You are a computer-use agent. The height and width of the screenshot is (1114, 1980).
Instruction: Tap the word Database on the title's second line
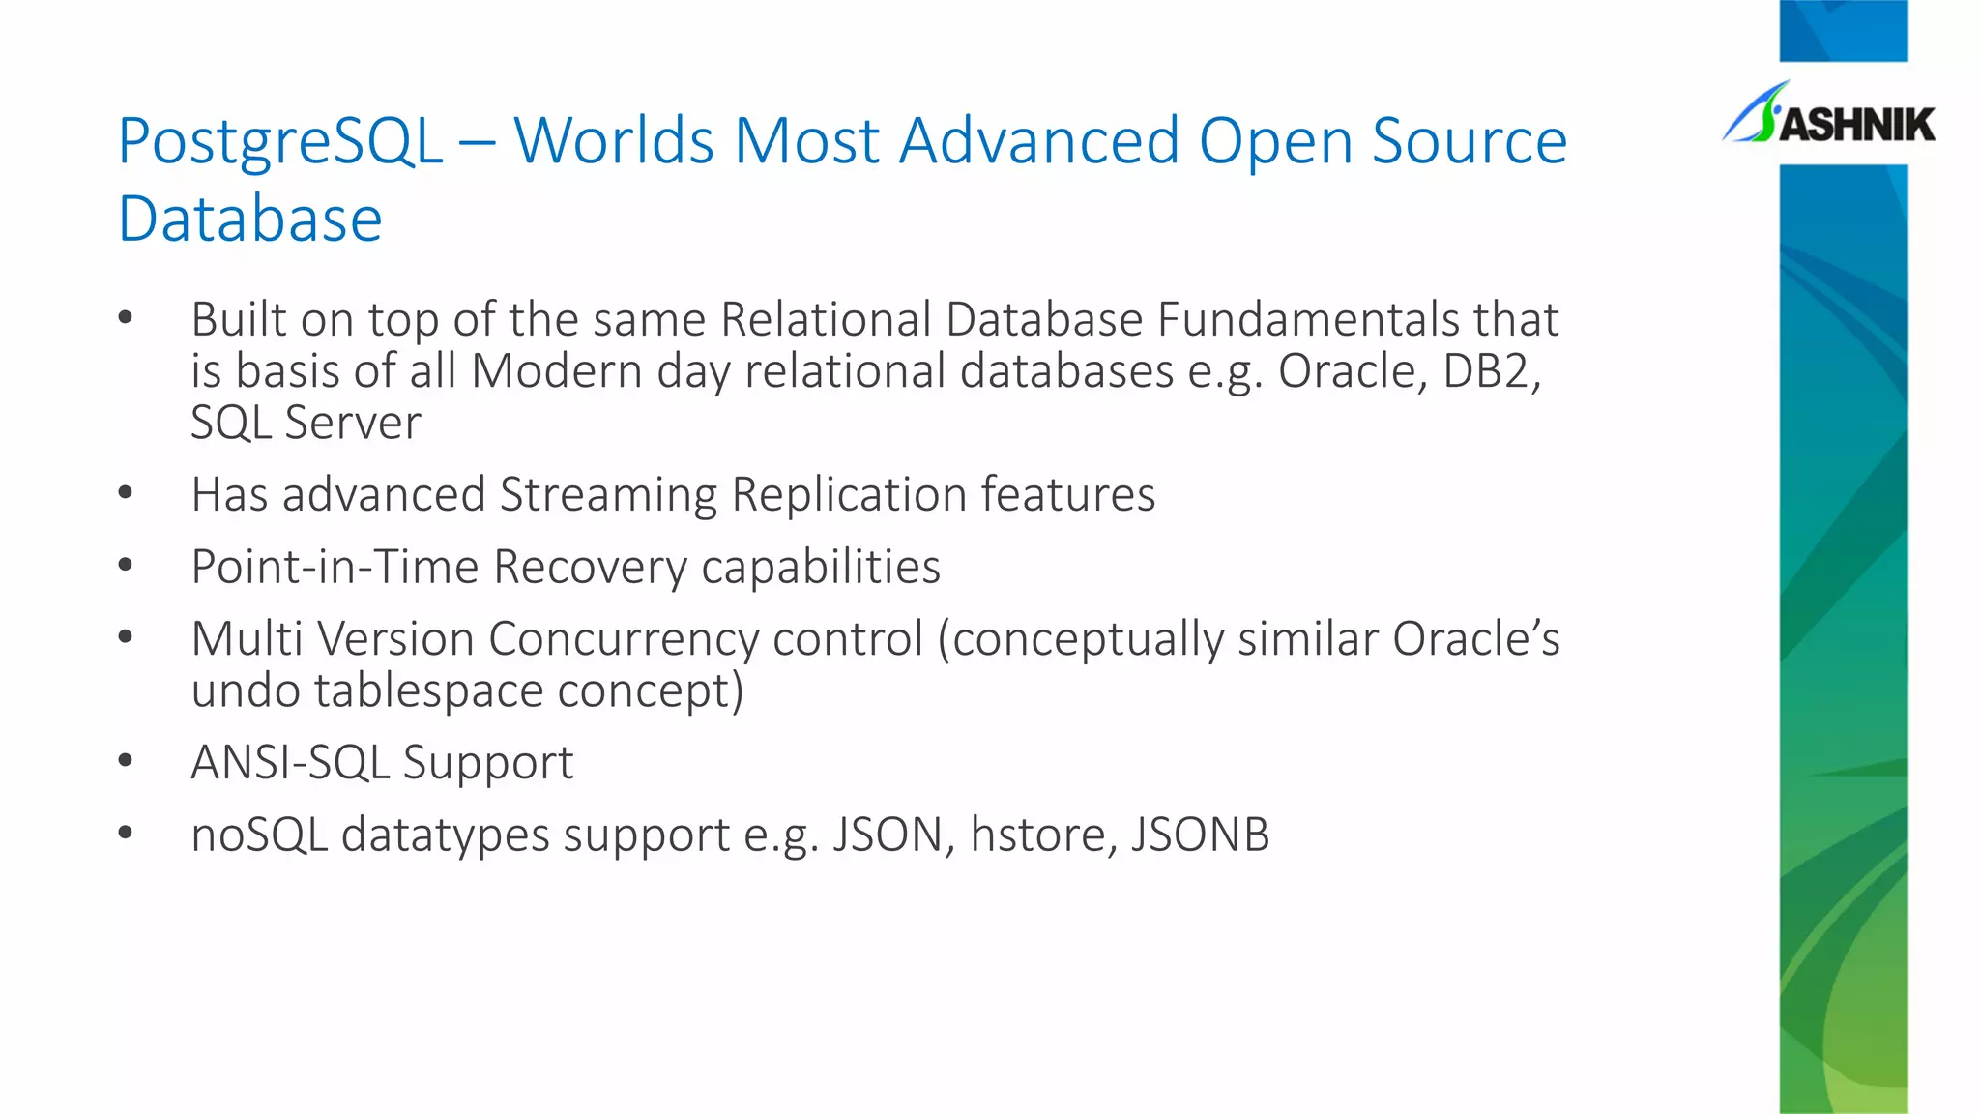click(x=250, y=220)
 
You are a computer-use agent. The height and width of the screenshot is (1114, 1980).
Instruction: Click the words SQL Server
click(x=306, y=423)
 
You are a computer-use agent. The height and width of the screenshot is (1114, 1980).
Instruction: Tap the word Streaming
click(x=608, y=495)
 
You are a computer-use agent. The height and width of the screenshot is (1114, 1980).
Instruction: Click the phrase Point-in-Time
click(x=335, y=567)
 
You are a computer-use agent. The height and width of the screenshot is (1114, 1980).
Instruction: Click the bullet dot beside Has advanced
click(x=125, y=493)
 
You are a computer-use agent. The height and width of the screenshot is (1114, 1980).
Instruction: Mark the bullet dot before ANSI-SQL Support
click(x=125, y=761)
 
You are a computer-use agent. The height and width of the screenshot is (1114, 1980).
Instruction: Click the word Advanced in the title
click(x=1039, y=141)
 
